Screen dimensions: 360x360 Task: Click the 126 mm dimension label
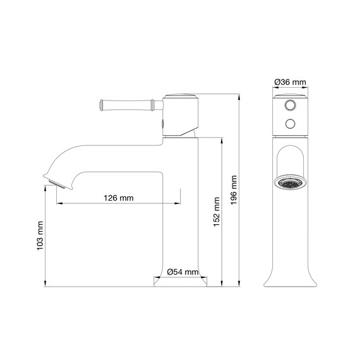(x=118, y=198)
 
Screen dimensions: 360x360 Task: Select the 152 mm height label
(x=217, y=211)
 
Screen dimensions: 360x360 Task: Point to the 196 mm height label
(x=234, y=189)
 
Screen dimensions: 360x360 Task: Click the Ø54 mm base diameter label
(x=184, y=272)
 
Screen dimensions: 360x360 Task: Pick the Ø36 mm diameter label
(x=291, y=82)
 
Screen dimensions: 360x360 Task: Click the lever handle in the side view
(x=127, y=102)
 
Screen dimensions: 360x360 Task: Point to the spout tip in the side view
(x=56, y=183)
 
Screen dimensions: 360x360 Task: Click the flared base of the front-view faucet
(x=291, y=278)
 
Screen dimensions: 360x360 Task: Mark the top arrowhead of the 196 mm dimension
(x=240, y=98)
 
